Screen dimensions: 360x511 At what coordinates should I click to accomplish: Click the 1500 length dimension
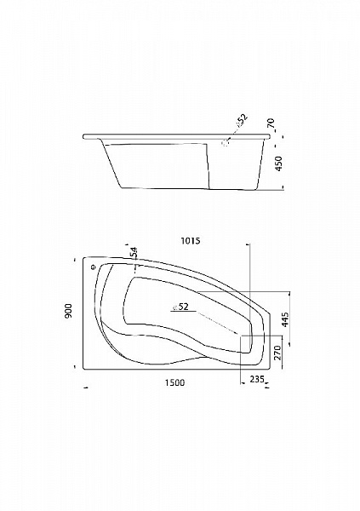point(174,382)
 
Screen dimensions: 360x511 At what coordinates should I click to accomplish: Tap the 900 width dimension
point(68,311)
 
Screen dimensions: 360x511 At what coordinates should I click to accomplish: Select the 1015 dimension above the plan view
point(190,241)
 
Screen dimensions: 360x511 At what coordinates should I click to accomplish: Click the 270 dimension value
point(278,353)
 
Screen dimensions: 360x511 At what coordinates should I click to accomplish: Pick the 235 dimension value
point(257,379)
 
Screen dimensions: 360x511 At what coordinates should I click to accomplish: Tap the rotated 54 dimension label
point(134,253)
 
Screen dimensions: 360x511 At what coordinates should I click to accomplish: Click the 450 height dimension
point(279,164)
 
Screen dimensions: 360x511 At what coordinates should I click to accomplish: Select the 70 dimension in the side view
point(271,123)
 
